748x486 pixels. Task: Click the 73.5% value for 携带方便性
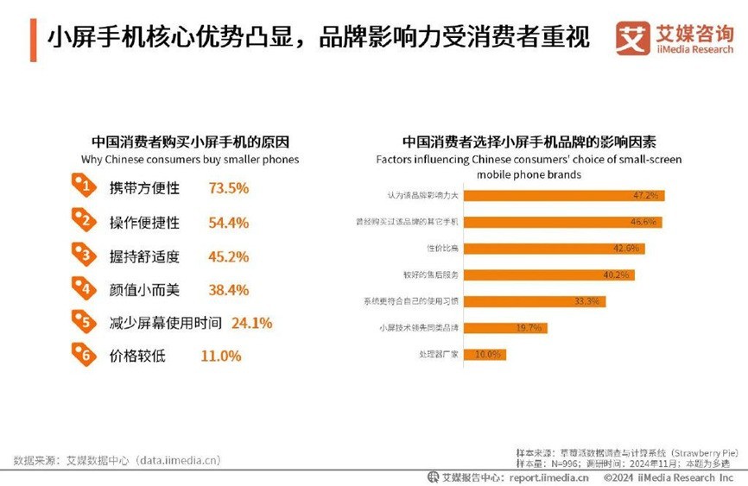[228, 188]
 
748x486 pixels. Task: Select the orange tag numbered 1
[84, 186]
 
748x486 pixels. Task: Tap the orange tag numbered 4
[84, 287]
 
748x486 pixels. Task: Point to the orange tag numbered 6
[84, 355]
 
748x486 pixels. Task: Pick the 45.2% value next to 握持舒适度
[228, 256]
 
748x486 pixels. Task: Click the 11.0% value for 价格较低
[220, 356]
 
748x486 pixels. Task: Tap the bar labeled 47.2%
[563, 195]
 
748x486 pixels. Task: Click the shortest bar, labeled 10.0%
[485, 355]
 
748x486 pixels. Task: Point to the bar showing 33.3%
[534, 301]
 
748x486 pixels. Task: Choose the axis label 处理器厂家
[438, 355]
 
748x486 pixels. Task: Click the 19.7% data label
[528, 328]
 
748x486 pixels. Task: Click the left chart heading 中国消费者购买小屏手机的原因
[190, 142]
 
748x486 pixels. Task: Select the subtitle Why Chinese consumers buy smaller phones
[190, 159]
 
